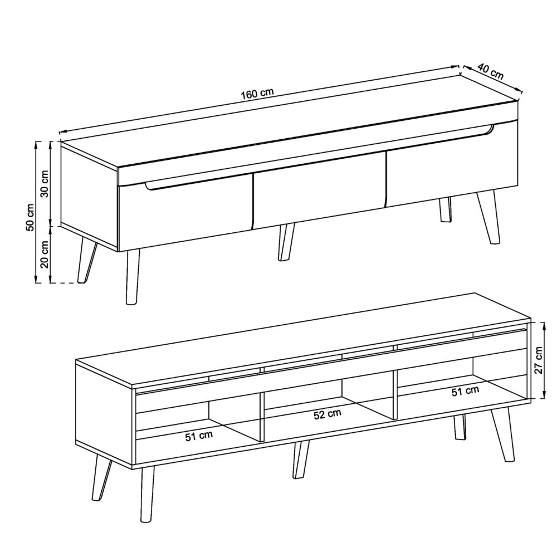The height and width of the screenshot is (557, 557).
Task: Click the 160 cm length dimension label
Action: click(257, 94)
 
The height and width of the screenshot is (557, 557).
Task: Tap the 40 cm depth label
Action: click(491, 72)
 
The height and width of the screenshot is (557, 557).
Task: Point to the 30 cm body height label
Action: click(45, 183)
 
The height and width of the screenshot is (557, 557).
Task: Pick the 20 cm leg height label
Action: click(45, 255)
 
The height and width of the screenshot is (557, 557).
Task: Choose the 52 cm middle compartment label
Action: click(327, 414)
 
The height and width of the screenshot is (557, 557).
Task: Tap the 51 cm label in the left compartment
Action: click(199, 436)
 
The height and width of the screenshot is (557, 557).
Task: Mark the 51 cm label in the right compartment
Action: click(465, 391)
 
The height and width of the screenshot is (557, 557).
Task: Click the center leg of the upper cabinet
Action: click(286, 242)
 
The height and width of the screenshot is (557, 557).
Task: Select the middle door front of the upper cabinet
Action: click(319, 195)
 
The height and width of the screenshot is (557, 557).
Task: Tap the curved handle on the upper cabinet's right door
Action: click(489, 132)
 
